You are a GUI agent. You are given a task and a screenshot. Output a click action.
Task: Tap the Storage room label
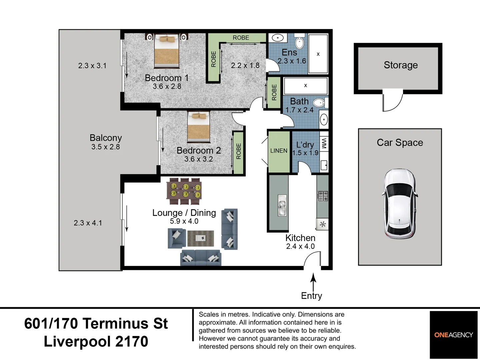pyautogui.click(x=400, y=65)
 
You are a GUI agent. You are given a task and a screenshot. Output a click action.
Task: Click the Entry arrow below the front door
pyautogui.click(x=313, y=282)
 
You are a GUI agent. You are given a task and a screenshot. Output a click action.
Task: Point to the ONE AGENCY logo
pyautogui.click(x=453, y=335)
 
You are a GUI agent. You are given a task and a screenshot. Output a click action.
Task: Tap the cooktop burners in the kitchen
pyautogui.click(x=322, y=196)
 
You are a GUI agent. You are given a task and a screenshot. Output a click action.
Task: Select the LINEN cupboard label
pyautogui.click(x=279, y=151)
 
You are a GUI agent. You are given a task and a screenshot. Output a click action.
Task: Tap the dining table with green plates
pyautogui.click(x=184, y=191)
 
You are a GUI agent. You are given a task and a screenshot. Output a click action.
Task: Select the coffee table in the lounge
pyautogui.click(x=200, y=238)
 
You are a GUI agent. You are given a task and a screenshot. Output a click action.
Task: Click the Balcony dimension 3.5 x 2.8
pyautogui.click(x=105, y=147)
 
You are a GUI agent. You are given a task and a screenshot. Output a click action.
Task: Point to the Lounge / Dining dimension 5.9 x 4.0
pyautogui.click(x=184, y=221)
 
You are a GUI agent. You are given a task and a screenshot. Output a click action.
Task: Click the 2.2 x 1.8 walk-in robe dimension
pyautogui.click(x=245, y=65)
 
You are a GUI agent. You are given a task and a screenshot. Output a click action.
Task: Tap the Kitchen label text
pyautogui.click(x=300, y=238)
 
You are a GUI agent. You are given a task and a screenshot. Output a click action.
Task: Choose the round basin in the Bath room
pyautogui.click(x=323, y=119)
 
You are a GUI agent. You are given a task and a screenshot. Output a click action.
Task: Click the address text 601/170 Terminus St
pyautogui.click(x=96, y=323)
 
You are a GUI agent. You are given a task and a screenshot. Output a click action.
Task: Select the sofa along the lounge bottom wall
pyautogui.click(x=200, y=258)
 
